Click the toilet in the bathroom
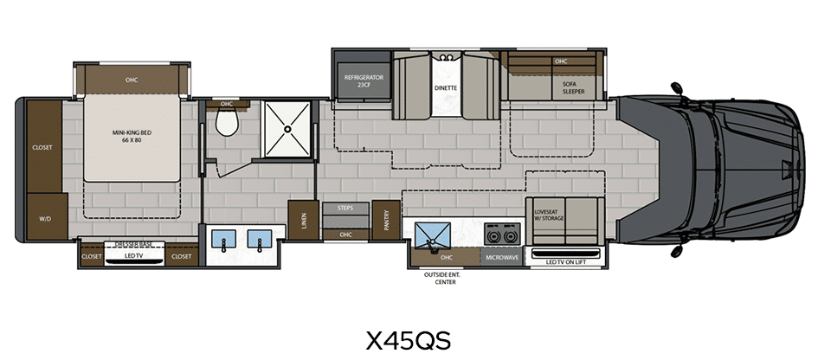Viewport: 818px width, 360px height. tap(227, 123)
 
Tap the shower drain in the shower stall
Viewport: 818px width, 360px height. tap(287, 128)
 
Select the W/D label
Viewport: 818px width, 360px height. tap(45, 220)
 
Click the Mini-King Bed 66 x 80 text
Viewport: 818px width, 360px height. tap(132, 136)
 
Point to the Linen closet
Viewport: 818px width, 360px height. tap(304, 220)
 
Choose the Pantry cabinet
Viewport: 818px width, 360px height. tap(386, 220)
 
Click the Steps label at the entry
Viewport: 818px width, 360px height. tap(345, 208)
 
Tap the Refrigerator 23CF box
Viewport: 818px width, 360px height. tap(364, 80)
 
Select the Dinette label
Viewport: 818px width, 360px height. tap(446, 88)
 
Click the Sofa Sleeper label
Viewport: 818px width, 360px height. tap(573, 87)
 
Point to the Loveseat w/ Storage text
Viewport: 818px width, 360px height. tap(550, 215)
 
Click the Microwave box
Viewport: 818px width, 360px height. tap(502, 257)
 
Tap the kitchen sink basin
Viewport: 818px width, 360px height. tap(433, 235)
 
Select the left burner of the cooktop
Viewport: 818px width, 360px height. tap(493, 236)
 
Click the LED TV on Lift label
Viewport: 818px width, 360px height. tap(566, 262)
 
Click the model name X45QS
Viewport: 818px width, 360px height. tap(408, 341)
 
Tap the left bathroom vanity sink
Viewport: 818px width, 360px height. tap(224, 239)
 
